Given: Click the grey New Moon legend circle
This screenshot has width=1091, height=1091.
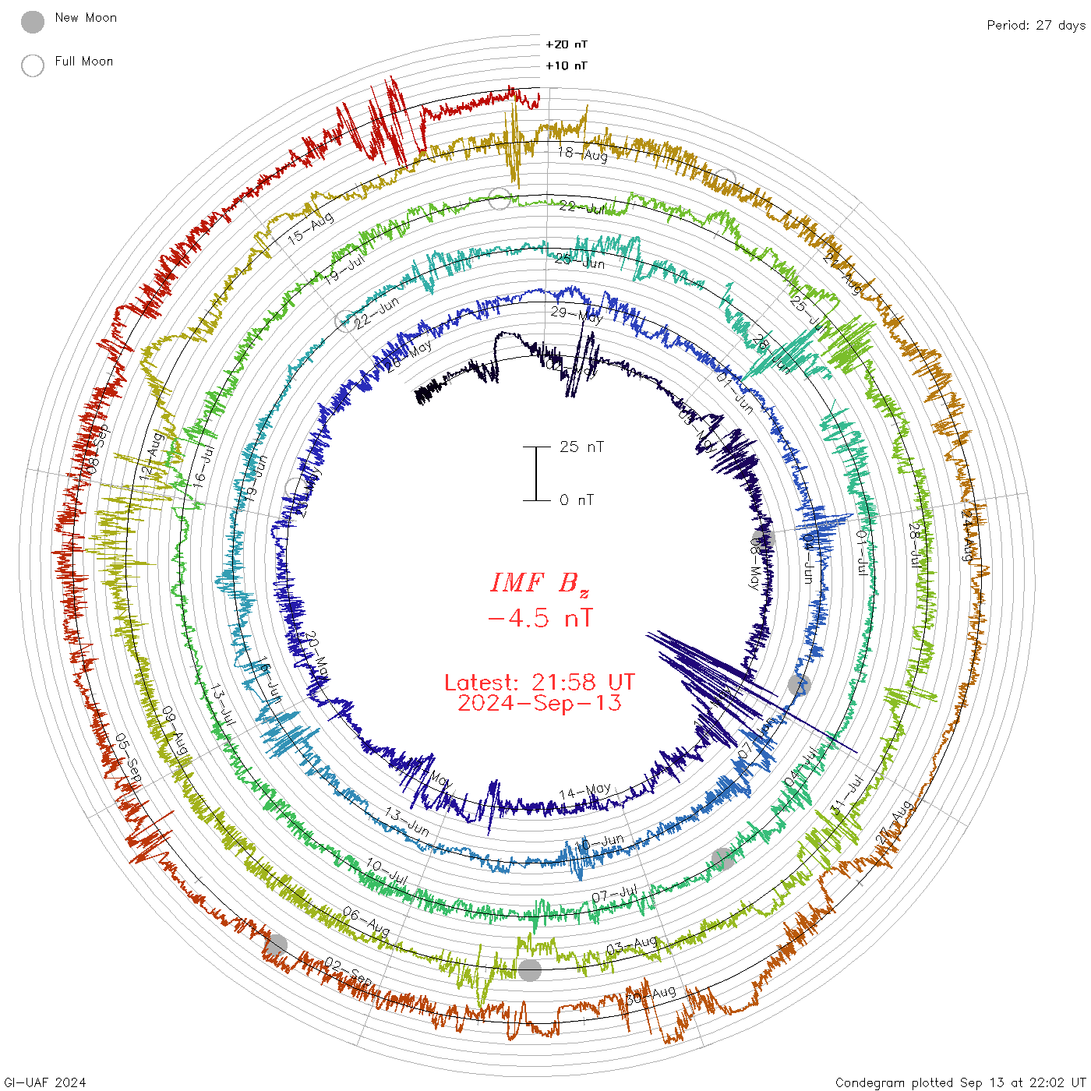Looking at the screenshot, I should [x=33, y=23].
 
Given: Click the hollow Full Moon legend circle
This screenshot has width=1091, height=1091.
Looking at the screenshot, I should [x=33, y=65].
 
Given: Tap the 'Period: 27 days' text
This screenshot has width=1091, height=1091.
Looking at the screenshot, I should [x=1036, y=25].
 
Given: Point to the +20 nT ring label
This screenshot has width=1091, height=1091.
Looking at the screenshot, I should [x=566, y=44].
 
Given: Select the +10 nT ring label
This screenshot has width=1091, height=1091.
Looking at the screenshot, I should [x=566, y=65].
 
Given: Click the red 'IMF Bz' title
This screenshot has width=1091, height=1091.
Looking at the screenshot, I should [x=539, y=583].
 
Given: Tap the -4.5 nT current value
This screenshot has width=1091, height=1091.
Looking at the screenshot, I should [x=539, y=618].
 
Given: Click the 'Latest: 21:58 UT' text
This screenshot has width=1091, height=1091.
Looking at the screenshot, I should [x=539, y=682].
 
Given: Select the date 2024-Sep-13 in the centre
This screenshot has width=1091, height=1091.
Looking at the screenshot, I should [x=539, y=703].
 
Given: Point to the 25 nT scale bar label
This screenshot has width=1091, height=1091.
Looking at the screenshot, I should [x=581, y=447].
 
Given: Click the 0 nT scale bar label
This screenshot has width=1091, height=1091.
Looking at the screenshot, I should [x=577, y=500].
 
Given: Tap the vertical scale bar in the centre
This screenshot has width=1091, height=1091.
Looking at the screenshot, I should [x=536, y=473].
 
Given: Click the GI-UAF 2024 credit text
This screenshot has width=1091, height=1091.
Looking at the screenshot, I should [x=44, y=1082].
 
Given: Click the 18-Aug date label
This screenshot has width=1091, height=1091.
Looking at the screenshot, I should [x=582, y=154].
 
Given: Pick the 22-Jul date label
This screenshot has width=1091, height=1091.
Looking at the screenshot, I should [x=582, y=207].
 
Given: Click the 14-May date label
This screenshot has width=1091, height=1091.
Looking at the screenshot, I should [x=585, y=792].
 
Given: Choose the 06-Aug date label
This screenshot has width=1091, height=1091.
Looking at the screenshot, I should [x=366, y=922].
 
